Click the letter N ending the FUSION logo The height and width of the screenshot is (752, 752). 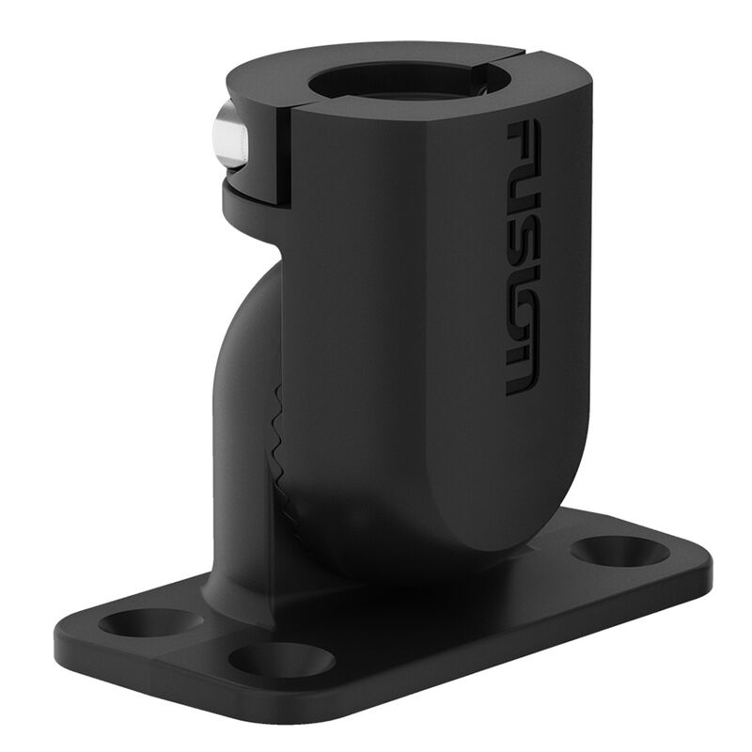pos(523,369)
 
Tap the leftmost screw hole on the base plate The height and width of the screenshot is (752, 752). pos(150,621)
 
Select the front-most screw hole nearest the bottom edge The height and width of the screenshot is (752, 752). pos(281,659)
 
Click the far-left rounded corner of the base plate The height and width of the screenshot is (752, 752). pos(66,639)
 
